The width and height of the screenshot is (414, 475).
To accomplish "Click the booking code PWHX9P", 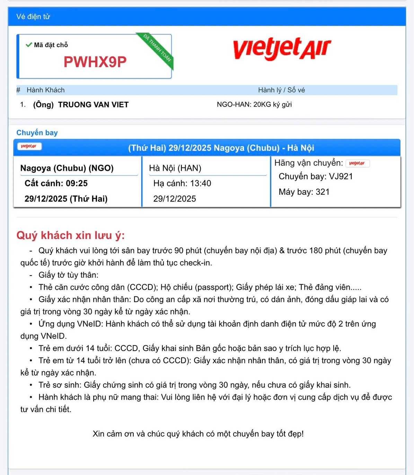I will [95, 62].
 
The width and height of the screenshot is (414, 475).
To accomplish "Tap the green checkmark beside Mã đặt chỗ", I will [29, 45].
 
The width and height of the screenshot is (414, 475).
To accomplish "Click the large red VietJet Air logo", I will [282, 49].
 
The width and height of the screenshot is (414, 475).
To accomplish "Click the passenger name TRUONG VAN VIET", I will [93, 105].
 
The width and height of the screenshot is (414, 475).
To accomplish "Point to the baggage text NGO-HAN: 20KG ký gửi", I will [254, 104].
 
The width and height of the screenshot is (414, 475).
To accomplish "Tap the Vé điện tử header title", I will [33, 17].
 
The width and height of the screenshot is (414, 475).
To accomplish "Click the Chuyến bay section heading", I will [37, 133].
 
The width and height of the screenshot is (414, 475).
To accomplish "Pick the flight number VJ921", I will [341, 176].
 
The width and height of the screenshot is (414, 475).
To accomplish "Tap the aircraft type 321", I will [323, 192].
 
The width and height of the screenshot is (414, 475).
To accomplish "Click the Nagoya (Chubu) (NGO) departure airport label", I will [67, 168].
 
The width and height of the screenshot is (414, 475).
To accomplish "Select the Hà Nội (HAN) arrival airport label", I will [175, 168].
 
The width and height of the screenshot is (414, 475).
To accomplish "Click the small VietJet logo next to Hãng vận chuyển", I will [357, 163].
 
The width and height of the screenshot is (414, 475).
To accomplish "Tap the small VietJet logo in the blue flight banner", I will [29, 146].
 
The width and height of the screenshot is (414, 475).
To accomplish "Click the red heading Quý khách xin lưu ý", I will [70, 235].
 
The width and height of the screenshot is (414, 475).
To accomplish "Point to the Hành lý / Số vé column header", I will [281, 90].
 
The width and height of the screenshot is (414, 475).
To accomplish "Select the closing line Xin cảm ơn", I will [198, 434].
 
